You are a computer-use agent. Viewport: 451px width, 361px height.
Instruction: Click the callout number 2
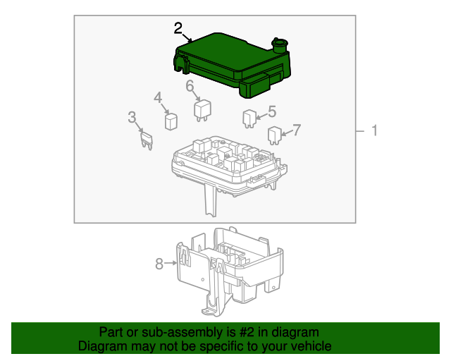[x=178, y=28]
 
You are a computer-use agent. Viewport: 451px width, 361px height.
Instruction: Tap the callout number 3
[x=132, y=117]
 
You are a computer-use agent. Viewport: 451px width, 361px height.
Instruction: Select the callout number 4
[x=158, y=97]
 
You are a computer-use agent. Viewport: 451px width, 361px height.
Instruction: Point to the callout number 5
[x=271, y=111]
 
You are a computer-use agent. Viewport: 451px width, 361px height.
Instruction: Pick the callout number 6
[x=190, y=86]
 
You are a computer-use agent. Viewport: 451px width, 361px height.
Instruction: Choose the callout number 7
[x=297, y=130]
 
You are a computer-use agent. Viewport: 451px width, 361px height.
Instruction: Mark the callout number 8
[x=159, y=264]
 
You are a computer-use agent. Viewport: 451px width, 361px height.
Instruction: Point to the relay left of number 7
[x=274, y=134]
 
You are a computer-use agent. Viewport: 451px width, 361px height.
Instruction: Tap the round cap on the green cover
[x=280, y=45]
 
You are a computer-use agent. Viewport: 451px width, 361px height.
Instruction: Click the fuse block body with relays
[x=225, y=166]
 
